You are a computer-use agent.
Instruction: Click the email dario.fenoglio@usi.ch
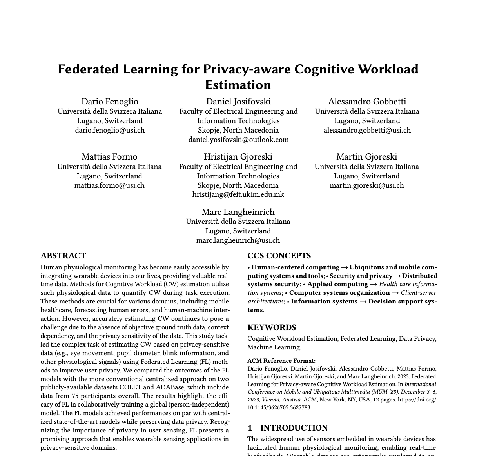pyautogui.click(x=110, y=130)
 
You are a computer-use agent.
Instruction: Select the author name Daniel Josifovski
pyautogui.click(x=238, y=101)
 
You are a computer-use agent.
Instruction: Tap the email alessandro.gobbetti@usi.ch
pyautogui.click(x=367, y=130)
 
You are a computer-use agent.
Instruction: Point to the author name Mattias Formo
pyautogui.click(x=109, y=156)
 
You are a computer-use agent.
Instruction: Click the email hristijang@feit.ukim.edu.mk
pyautogui.click(x=238, y=194)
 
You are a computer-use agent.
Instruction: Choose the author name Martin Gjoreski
pyautogui.click(x=366, y=156)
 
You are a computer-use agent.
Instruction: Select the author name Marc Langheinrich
pyautogui.click(x=238, y=212)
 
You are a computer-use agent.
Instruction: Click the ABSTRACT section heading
pyautogui.click(x=63, y=256)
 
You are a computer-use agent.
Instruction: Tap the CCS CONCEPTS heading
pyautogui.click(x=279, y=256)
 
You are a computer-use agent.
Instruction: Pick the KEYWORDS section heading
pyautogui.click(x=272, y=327)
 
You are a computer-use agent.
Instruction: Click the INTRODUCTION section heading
pyautogui.click(x=294, y=428)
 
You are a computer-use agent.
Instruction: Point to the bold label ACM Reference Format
pyautogui.click(x=281, y=361)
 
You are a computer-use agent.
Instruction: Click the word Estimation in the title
pyautogui.click(x=238, y=85)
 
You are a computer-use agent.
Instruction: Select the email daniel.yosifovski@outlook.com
pyautogui.click(x=238, y=140)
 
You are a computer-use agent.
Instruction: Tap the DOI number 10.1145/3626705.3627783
pyautogui.click(x=279, y=407)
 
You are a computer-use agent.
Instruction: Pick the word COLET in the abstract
pyautogui.click(x=142, y=387)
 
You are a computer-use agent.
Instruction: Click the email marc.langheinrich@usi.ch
pyautogui.click(x=238, y=240)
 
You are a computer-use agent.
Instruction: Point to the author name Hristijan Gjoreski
pyautogui.click(x=238, y=156)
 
